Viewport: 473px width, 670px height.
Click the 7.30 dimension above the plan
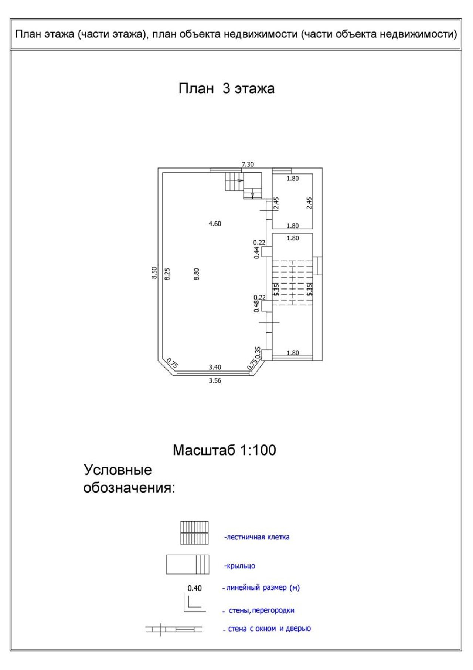click(x=248, y=164)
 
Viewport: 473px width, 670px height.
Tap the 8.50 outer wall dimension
click(x=154, y=273)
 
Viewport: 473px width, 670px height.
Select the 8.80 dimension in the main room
click(x=197, y=274)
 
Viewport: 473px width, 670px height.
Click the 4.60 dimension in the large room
click(x=215, y=223)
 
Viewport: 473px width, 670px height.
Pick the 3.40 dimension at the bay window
click(x=215, y=367)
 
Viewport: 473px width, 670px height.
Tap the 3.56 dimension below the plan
click(x=215, y=380)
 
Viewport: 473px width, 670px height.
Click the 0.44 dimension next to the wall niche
click(x=256, y=253)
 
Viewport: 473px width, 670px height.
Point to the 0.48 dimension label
click(x=256, y=306)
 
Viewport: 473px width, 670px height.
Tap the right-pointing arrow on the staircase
click(x=240, y=180)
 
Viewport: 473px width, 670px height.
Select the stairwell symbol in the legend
click(x=194, y=533)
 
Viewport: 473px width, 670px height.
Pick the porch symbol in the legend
click(x=188, y=564)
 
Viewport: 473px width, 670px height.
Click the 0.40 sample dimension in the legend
click(x=195, y=588)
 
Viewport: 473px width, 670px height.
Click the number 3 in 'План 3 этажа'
click(x=226, y=89)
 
